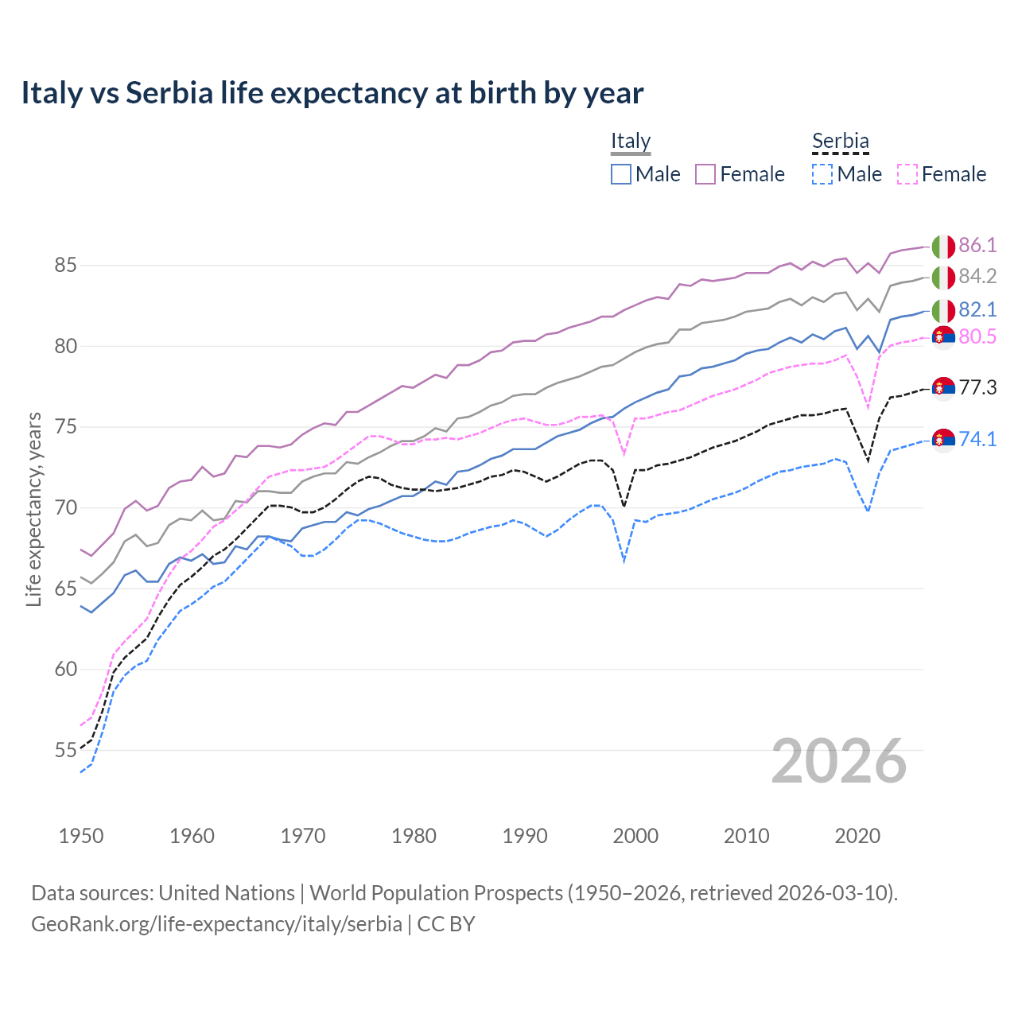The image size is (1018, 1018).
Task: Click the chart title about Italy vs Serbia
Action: click(x=332, y=93)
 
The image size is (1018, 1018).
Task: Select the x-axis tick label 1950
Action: click(x=81, y=836)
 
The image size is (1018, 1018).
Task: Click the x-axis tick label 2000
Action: click(x=635, y=836)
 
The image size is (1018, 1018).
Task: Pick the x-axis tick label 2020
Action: click(x=857, y=836)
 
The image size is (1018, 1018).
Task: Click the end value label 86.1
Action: click(x=977, y=245)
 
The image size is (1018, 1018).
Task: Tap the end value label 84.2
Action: click(x=977, y=276)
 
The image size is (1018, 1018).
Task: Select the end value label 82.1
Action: click(x=977, y=309)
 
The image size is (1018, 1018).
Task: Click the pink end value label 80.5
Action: click(x=977, y=336)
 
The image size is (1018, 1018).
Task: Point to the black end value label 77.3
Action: click(x=977, y=387)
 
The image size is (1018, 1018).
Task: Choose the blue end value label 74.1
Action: click(x=977, y=439)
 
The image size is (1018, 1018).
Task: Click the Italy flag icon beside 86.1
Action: click(x=943, y=247)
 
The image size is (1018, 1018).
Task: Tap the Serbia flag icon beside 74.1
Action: click(x=943, y=440)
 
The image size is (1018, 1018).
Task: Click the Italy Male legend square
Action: click(x=621, y=174)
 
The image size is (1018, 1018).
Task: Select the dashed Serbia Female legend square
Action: click(x=907, y=174)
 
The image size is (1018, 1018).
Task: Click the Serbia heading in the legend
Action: click(x=840, y=141)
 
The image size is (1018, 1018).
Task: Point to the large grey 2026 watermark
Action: click(x=838, y=761)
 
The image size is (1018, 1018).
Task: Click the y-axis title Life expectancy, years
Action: click(x=33, y=509)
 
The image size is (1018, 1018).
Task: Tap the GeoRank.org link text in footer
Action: click(x=216, y=924)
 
